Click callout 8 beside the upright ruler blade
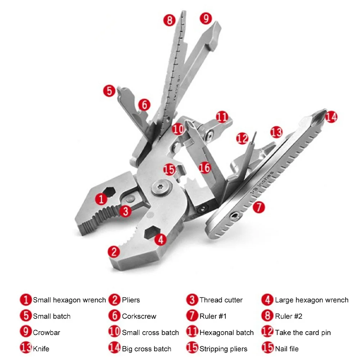170,20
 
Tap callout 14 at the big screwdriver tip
331,117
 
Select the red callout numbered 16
205,167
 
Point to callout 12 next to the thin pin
242,139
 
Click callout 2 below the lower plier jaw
114,252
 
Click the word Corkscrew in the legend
139,316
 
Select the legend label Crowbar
46,332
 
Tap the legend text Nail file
287,349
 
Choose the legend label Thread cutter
221,300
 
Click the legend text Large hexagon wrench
311,300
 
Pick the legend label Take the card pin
303,333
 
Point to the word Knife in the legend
41,349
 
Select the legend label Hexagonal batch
226,333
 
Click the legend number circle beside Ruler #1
192,316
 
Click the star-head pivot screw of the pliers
162,188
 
